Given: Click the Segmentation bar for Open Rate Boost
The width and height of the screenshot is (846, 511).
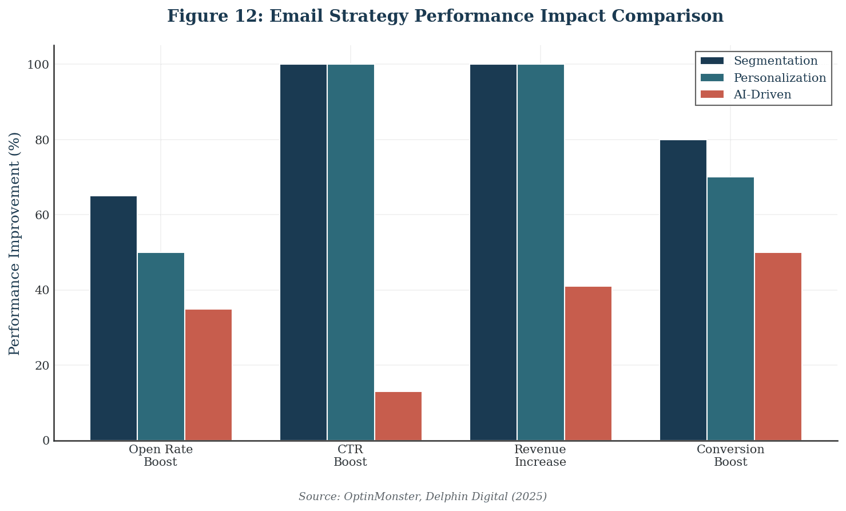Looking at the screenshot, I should pyautogui.click(x=113, y=318).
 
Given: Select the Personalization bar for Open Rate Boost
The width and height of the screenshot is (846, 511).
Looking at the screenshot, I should pyautogui.click(x=161, y=346).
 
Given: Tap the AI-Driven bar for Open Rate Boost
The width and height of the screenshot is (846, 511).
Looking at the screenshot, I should pyautogui.click(x=208, y=375).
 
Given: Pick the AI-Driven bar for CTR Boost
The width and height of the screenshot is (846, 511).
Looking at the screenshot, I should pyautogui.click(x=398, y=416).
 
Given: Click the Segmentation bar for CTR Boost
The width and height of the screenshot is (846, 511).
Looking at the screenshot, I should pyautogui.click(x=303, y=252).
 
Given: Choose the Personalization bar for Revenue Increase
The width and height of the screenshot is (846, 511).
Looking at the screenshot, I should pyautogui.click(x=541, y=252).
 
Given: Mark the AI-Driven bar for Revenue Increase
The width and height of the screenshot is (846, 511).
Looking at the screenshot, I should pyautogui.click(x=588, y=363).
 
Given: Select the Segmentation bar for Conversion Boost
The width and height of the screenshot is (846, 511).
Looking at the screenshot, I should pyautogui.click(x=683, y=290).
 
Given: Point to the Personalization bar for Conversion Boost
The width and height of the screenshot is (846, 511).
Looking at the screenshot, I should pyautogui.click(x=730, y=309).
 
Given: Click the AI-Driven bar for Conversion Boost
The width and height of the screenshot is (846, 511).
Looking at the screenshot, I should pyautogui.click(x=778, y=346).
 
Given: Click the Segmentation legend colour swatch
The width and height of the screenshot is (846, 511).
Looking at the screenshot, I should pyautogui.click(x=712, y=61).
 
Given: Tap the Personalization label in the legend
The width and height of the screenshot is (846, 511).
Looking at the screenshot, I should pyautogui.click(x=780, y=78).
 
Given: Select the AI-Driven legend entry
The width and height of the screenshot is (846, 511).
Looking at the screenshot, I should pyautogui.click(x=762, y=94).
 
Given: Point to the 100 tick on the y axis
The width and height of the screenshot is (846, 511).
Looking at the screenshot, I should pyautogui.click(x=38, y=65).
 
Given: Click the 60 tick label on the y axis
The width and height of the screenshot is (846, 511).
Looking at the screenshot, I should pyautogui.click(x=42, y=215).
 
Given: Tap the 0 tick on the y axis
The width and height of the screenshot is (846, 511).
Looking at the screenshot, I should pyautogui.click(x=46, y=441).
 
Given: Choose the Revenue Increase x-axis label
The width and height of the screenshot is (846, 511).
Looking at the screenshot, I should pyautogui.click(x=540, y=455).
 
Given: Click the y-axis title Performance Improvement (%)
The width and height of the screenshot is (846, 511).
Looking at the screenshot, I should pyautogui.click(x=15, y=243).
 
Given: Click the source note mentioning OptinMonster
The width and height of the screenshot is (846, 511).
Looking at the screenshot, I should pyautogui.click(x=422, y=496).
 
